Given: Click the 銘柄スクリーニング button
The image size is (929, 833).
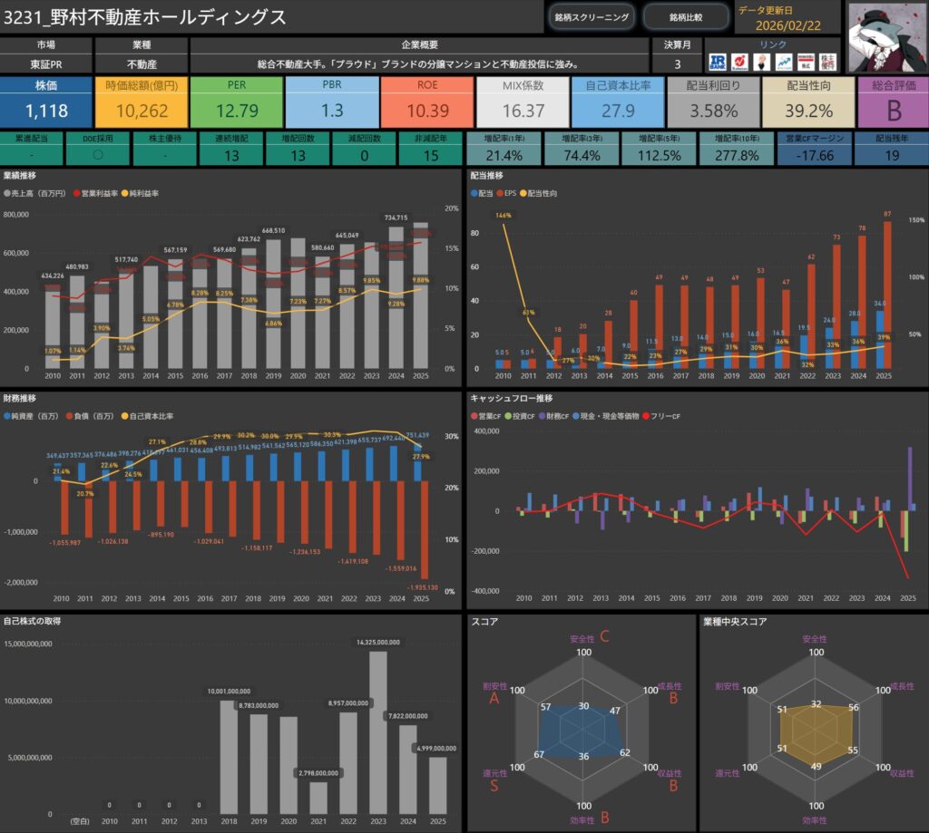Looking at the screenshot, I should (x=592, y=16).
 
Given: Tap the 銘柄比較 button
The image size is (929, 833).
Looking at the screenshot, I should (x=685, y=16).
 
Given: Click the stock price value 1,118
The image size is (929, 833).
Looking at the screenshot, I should (x=44, y=111).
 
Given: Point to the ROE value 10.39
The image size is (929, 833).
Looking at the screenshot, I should (x=427, y=111).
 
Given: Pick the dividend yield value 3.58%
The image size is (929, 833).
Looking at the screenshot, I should (x=712, y=111).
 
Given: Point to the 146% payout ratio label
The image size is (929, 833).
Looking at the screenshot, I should (x=503, y=216).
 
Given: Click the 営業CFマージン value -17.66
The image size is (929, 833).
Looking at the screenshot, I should (x=813, y=156).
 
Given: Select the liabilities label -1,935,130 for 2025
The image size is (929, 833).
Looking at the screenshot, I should (x=424, y=588).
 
